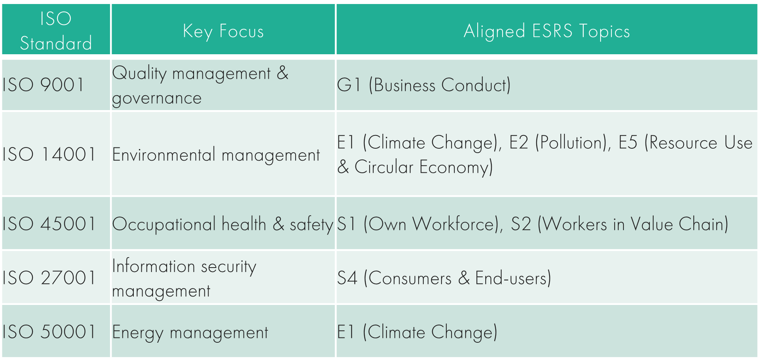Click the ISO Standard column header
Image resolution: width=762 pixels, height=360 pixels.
pos(56,31)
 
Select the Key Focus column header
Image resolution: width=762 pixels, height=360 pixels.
pos(223,31)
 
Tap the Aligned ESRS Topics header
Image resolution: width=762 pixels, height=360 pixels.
pos(546,31)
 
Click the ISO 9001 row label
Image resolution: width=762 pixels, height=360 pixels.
pos(43,85)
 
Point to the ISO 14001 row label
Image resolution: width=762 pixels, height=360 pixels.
pos(49,154)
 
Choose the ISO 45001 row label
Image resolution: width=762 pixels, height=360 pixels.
pos(49,224)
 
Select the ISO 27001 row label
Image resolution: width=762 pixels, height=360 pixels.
pos(49,278)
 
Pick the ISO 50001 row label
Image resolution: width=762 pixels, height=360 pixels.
pos(49,332)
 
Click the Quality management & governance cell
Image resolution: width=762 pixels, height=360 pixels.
pos(200,85)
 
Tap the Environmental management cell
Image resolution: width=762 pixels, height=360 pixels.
pos(216,155)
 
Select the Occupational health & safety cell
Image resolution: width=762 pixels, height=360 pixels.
pos(223,224)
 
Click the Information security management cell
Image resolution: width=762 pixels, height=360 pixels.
pos(184,278)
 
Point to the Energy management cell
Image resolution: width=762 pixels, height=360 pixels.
pos(190,333)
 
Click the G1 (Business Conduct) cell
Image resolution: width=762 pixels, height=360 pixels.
pos(424,85)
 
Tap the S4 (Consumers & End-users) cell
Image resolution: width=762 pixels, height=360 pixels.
pos(444,278)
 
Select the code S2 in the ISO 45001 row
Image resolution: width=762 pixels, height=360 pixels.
pos(521,224)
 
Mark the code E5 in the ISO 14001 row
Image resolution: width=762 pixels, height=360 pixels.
pos(628,143)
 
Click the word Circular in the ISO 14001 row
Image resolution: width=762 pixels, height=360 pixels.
pos(384,167)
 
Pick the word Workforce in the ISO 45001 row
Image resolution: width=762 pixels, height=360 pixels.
pos(455,224)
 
